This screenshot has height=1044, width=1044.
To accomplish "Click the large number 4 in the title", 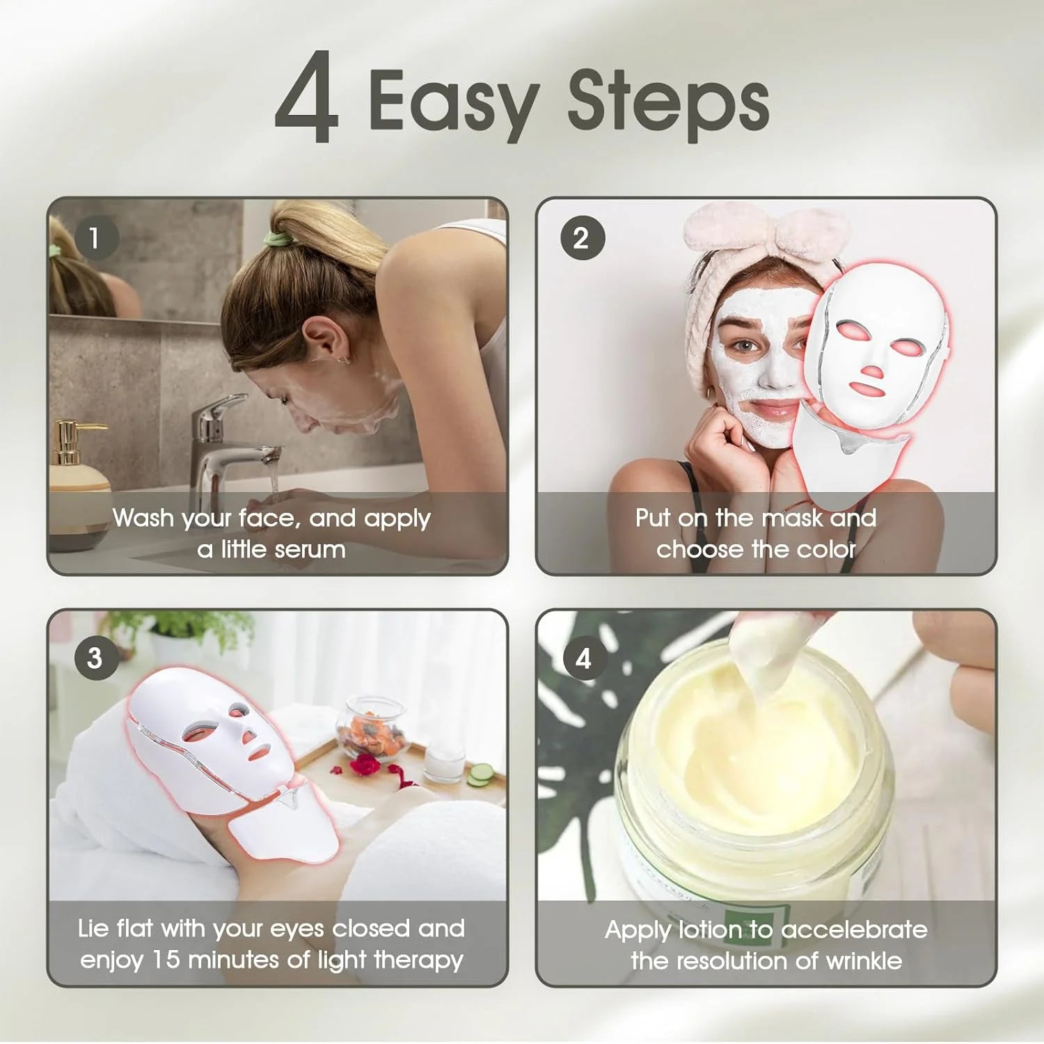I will point(307,97).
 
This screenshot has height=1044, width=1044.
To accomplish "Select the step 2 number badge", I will point(582,238).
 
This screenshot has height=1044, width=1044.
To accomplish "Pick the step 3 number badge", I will point(95,658).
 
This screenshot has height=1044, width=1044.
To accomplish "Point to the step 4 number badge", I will point(583,658).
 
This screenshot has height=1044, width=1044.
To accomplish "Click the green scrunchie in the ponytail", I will point(279,240).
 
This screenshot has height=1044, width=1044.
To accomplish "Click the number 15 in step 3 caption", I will point(166,960).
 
